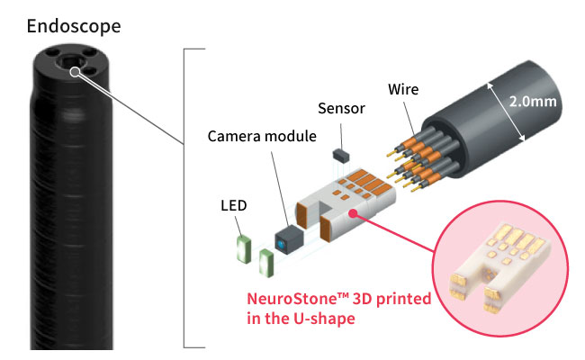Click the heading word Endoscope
click(x=73, y=24)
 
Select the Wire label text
click(x=402, y=90)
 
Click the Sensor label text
click(x=341, y=109)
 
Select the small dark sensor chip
click(x=341, y=155)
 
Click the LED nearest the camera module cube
click(x=265, y=264)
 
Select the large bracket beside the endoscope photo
click(x=186, y=198)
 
